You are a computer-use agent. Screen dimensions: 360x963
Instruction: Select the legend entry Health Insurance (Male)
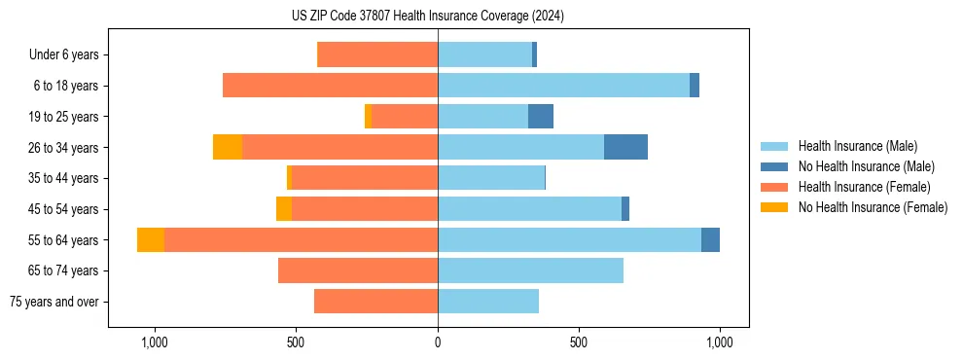pos(857,146)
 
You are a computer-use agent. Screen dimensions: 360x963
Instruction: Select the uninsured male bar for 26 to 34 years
pos(625,147)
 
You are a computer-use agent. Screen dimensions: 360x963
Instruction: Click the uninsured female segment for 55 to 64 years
pos(151,239)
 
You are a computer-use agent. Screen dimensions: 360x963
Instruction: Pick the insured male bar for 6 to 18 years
pos(564,86)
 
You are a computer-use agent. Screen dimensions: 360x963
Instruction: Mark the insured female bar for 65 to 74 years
pos(358,270)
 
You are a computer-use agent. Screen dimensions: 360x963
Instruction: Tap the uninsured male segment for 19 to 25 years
pos(541,117)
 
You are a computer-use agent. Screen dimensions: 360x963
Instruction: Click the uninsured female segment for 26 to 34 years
pos(228,147)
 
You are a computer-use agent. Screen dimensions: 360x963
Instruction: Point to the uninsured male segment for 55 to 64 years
pos(710,239)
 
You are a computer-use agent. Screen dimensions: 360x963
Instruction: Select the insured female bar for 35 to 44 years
pos(365,178)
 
